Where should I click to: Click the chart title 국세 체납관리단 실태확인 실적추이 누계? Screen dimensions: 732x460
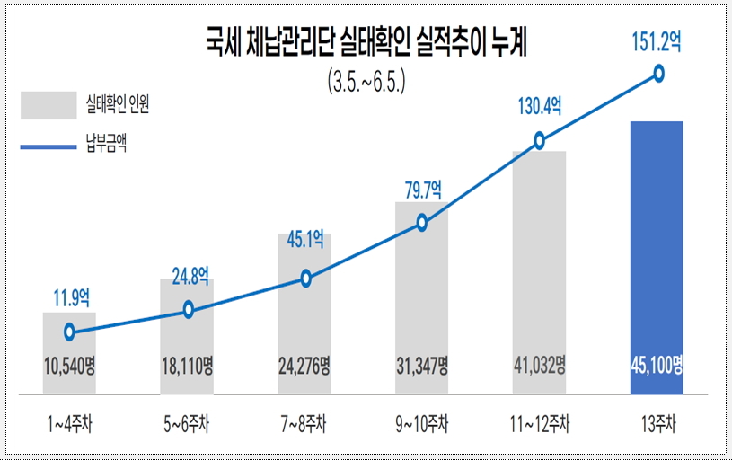coord(366,42)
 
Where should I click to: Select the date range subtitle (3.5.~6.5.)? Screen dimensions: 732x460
coord(366,82)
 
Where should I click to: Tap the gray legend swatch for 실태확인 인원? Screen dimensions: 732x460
coord(49,105)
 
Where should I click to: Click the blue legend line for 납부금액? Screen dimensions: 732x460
coord(49,146)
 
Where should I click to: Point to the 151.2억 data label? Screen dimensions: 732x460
coord(657,41)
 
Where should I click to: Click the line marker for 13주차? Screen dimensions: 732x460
coord(658,74)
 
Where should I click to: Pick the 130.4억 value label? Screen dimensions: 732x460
coord(540,106)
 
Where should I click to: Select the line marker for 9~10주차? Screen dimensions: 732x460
coord(422,223)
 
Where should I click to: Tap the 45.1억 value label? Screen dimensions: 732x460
coord(305,240)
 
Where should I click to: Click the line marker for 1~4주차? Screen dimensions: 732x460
coord(69,332)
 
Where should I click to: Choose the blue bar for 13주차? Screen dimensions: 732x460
coord(657,258)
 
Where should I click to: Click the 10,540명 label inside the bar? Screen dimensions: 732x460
coord(69,366)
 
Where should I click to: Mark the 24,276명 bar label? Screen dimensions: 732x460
coord(304,366)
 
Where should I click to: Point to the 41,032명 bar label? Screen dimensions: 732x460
coord(540,365)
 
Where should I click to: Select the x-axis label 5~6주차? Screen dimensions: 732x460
coord(186,424)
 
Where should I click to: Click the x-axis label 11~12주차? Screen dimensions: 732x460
coord(540,424)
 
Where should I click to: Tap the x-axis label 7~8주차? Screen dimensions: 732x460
coord(304,424)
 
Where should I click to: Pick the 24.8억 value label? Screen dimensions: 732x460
coord(190,276)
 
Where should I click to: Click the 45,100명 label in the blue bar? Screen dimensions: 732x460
coord(657,365)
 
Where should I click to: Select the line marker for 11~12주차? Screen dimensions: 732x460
coord(539,140)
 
